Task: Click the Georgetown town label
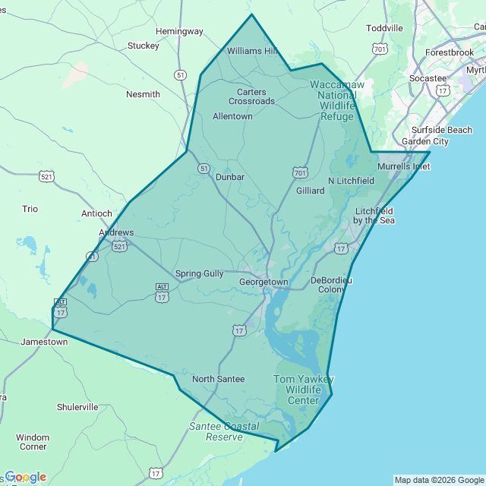click(264, 282)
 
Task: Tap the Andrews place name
click(116, 232)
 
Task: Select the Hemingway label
click(179, 31)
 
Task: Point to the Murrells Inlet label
click(403, 166)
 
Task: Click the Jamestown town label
click(43, 342)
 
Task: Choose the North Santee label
click(218, 379)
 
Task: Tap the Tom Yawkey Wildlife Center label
click(303, 390)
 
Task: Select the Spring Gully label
click(199, 273)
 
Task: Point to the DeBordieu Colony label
click(332, 285)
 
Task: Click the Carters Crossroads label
click(251, 96)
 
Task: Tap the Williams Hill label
click(253, 51)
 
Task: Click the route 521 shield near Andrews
click(119, 246)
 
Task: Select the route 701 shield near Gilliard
click(299, 172)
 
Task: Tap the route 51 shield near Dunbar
click(204, 168)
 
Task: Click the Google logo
click(24, 477)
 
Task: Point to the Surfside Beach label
click(442, 130)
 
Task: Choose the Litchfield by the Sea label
click(374, 216)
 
